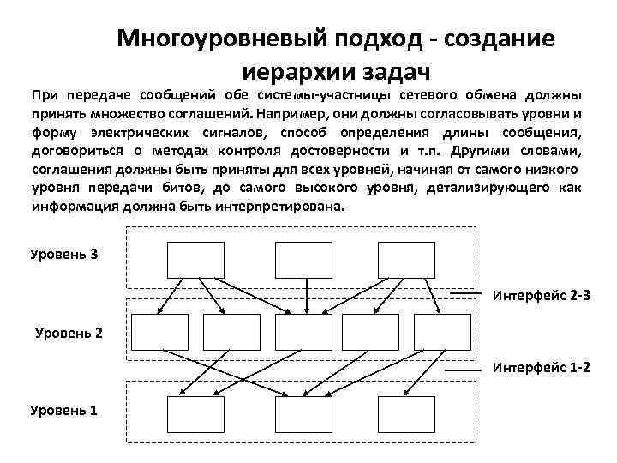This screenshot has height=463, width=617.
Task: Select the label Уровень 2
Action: tap(69, 332)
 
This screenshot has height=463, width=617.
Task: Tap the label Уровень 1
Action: tap(63, 410)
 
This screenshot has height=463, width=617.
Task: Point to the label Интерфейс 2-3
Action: tap(542, 296)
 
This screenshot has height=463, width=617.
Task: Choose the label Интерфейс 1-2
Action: tap(542, 367)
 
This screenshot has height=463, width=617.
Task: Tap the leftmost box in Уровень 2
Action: tap(159, 332)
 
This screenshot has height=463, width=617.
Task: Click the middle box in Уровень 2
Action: tap(302, 332)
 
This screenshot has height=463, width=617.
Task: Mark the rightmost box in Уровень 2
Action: tap(442, 332)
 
